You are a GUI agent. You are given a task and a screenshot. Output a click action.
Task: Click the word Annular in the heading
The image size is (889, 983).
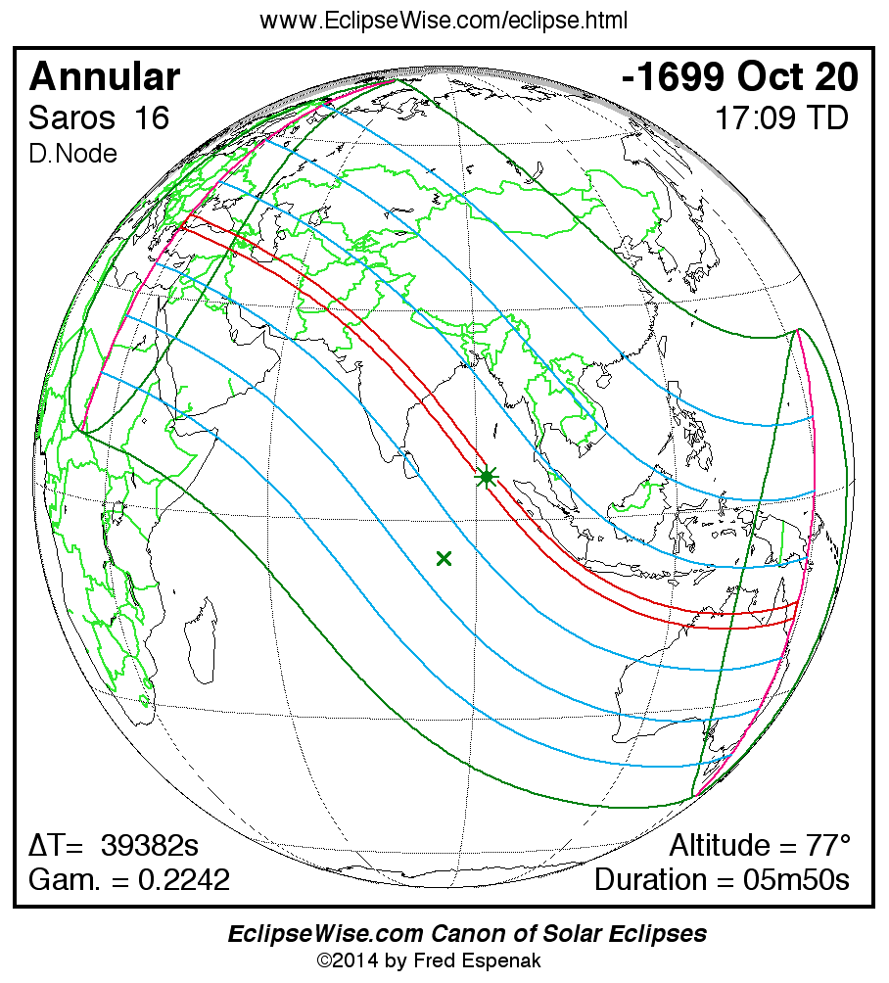tap(105, 76)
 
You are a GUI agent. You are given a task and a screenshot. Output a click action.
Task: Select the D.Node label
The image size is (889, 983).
tap(72, 154)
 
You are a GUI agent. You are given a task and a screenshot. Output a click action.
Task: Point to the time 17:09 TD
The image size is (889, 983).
tap(780, 118)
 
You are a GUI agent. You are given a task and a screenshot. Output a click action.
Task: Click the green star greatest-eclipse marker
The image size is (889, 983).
tap(487, 477)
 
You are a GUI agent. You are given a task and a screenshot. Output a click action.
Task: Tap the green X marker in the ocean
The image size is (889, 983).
tap(444, 558)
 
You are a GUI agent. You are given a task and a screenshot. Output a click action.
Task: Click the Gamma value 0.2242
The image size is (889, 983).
tap(184, 879)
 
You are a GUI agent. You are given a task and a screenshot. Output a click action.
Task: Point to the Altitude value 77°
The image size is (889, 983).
tap(824, 846)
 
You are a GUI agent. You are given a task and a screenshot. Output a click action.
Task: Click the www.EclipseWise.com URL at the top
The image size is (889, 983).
tap(444, 21)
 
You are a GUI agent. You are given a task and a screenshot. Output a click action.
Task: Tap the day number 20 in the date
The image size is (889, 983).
tap(834, 76)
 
